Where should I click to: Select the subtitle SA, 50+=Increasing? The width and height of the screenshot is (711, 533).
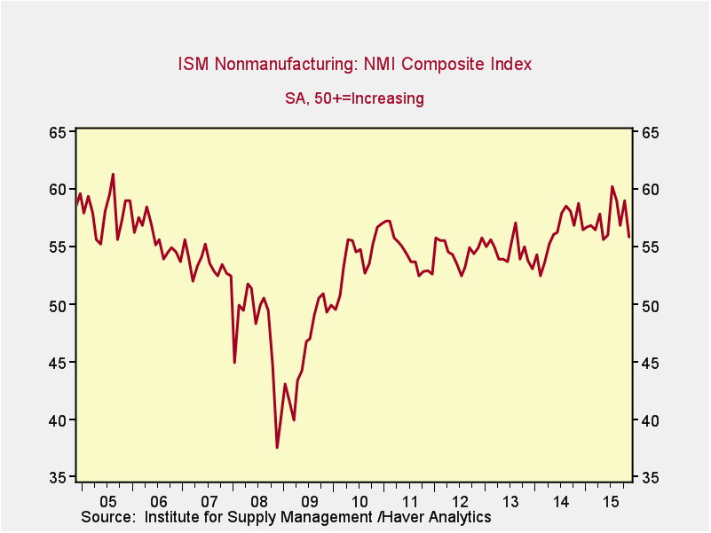pyautogui.click(x=354, y=98)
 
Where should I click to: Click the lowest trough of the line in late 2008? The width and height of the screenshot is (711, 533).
pyautogui.click(x=277, y=447)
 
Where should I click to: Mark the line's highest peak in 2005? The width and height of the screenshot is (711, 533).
pyautogui.click(x=113, y=174)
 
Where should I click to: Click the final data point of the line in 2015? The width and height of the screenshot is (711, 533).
pyautogui.click(x=629, y=237)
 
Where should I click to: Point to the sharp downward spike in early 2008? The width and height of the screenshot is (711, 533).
pyautogui.click(x=234, y=362)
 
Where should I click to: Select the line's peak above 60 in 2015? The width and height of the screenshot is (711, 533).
pyautogui.click(x=612, y=186)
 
